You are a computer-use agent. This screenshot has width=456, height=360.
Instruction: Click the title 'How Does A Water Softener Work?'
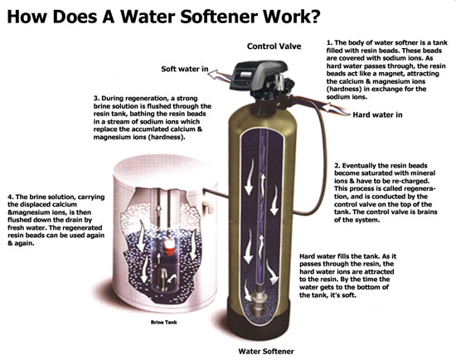point(163,17)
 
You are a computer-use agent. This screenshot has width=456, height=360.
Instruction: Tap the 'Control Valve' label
point(274,46)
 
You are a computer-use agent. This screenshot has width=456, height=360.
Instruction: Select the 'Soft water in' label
point(185,69)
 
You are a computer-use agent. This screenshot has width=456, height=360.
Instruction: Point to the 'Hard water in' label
point(377,115)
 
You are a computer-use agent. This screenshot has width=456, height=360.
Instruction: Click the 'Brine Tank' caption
point(163,322)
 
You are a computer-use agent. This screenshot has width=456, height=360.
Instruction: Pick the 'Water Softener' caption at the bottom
point(266,351)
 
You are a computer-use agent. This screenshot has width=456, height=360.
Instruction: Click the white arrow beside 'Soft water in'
point(216,75)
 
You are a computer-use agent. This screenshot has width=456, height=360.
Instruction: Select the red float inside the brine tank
point(168,247)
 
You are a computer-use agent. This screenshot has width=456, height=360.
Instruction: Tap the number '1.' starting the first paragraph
point(329,43)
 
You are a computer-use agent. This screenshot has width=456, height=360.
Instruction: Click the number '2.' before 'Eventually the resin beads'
point(337,166)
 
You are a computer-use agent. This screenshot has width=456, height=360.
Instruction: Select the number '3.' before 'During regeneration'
point(96,99)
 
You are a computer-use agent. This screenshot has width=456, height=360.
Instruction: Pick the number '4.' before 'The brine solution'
point(11,197)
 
